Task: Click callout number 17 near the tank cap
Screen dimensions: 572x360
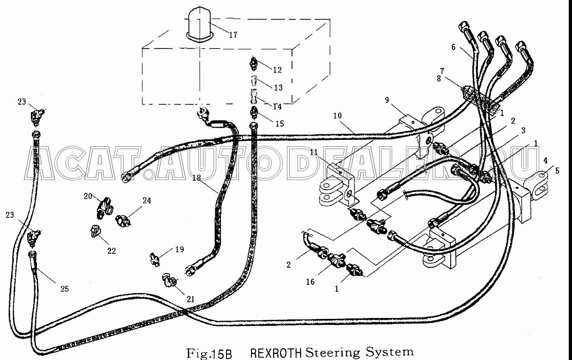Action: click(x=233, y=35)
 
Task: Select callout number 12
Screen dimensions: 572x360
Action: click(x=277, y=70)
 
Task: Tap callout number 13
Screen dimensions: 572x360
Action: click(x=278, y=88)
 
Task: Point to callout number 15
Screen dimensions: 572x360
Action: click(x=280, y=124)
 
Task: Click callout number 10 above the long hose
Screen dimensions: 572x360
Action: click(x=337, y=116)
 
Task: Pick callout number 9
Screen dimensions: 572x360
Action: click(x=387, y=100)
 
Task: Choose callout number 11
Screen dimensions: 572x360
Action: click(x=314, y=152)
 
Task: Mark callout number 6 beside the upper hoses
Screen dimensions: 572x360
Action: click(x=453, y=47)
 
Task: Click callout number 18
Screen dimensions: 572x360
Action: click(x=197, y=178)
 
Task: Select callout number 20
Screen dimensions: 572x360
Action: click(x=88, y=196)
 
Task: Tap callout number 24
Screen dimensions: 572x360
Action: click(x=147, y=201)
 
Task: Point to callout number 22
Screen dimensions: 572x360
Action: click(x=112, y=251)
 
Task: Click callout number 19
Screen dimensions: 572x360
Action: click(x=179, y=249)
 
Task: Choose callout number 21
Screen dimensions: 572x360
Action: click(x=191, y=299)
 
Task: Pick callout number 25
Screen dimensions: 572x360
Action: click(x=65, y=289)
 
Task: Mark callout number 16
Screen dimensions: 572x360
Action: click(x=310, y=282)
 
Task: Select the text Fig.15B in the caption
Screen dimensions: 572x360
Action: click(x=209, y=354)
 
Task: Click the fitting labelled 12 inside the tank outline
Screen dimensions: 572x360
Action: click(x=253, y=64)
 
